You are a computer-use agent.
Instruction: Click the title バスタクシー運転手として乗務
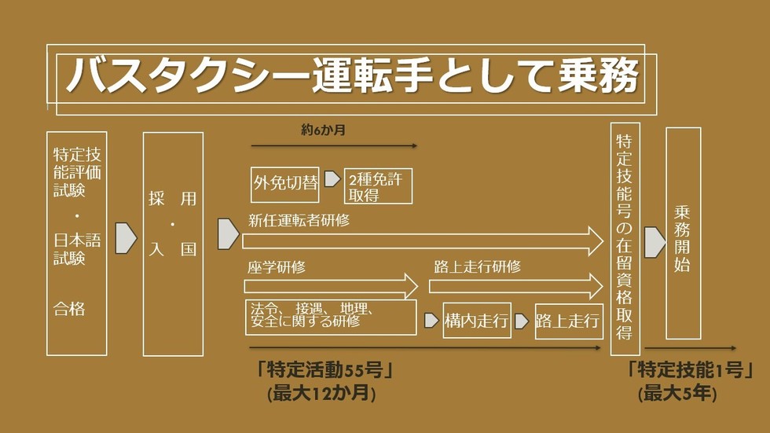352,75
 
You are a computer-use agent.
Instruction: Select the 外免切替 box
284,185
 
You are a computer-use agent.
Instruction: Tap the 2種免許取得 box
378,186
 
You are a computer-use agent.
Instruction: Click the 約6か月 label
323,130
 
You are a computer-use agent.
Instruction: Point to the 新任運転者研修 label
299,220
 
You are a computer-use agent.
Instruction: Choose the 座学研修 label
277,267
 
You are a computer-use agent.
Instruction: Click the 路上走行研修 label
478,266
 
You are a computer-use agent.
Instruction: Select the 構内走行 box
477,321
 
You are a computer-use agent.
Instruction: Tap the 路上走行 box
569,321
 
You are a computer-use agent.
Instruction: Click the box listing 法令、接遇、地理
331,317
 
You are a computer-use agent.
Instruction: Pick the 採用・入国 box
173,244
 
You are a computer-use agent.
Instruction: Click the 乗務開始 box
683,233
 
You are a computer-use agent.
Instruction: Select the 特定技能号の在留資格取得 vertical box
625,239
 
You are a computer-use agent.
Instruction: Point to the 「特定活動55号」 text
324,369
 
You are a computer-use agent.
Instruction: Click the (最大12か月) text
321,393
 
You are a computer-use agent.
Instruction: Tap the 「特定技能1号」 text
690,369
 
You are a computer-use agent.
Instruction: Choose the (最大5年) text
677,393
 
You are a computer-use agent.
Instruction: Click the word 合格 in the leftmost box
69,309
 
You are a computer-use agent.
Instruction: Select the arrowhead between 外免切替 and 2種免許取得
332,178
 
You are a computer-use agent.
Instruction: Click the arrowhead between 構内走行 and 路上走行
522,321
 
